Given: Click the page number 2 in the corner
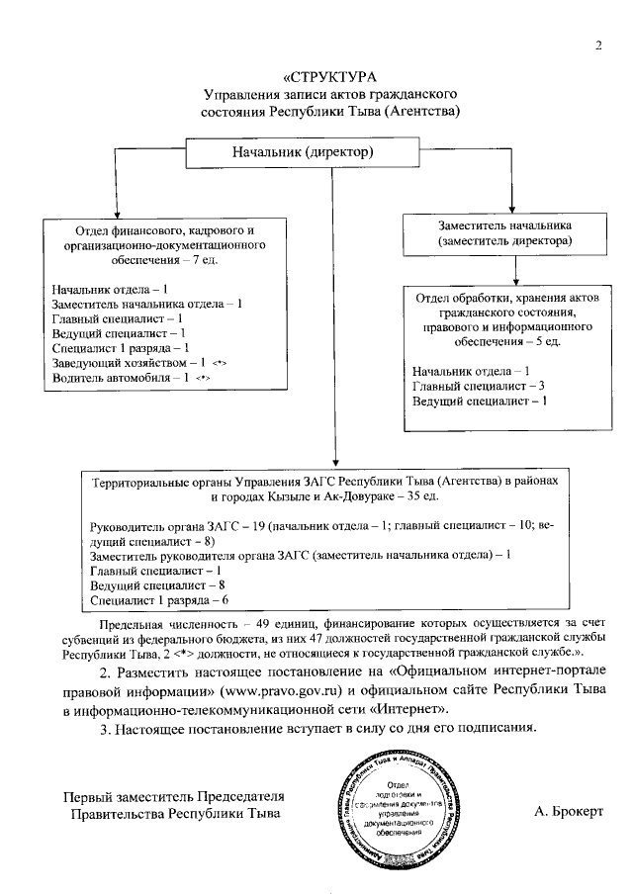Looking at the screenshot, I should (598, 45).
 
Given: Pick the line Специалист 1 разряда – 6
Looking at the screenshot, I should (159, 599).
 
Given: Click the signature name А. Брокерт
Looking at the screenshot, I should (568, 811).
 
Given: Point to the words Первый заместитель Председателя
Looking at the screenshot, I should (174, 797).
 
